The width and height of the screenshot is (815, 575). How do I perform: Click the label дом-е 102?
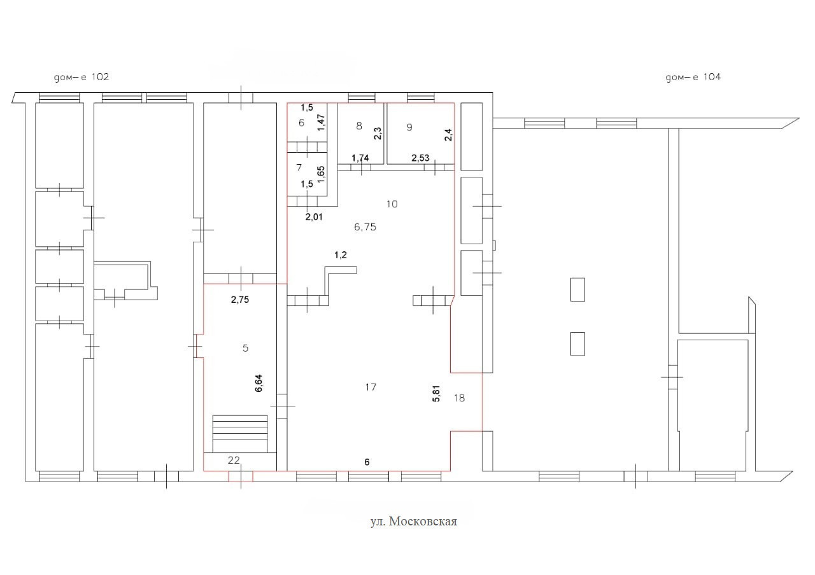(x=81, y=78)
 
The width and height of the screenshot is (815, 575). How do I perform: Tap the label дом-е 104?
(x=693, y=78)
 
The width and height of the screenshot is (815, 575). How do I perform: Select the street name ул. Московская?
(x=414, y=522)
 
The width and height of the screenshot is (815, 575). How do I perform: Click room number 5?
(x=246, y=348)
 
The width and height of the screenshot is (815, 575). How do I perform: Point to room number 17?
(x=371, y=387)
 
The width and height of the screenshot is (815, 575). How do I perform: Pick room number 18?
(x=459, y=398)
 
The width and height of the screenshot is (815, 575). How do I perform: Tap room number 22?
(x=234, y=460)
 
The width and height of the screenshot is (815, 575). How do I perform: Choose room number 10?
(x=392, y=204)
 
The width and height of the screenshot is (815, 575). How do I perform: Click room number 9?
(x=409, y=127)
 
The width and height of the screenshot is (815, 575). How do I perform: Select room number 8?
(x=359, y=126)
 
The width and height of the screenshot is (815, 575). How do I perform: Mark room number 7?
(x=299, y=167)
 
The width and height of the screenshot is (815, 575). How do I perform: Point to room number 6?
(x=301, y=123)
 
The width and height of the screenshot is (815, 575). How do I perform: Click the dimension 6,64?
(x=259, y=383)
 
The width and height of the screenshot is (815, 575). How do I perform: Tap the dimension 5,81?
(x=436, y=393)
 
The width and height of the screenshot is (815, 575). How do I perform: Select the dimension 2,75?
(x=240, y=300)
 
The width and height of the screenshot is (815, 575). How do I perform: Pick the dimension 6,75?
(x=365, y=227)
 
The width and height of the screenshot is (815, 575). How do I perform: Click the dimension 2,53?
(x=421, y=158)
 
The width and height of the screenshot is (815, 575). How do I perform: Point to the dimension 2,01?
(x=314, y=217)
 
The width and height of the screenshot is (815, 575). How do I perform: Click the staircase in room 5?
(x=240, y=434)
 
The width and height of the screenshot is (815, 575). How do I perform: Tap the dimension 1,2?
(x=341, y=255)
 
